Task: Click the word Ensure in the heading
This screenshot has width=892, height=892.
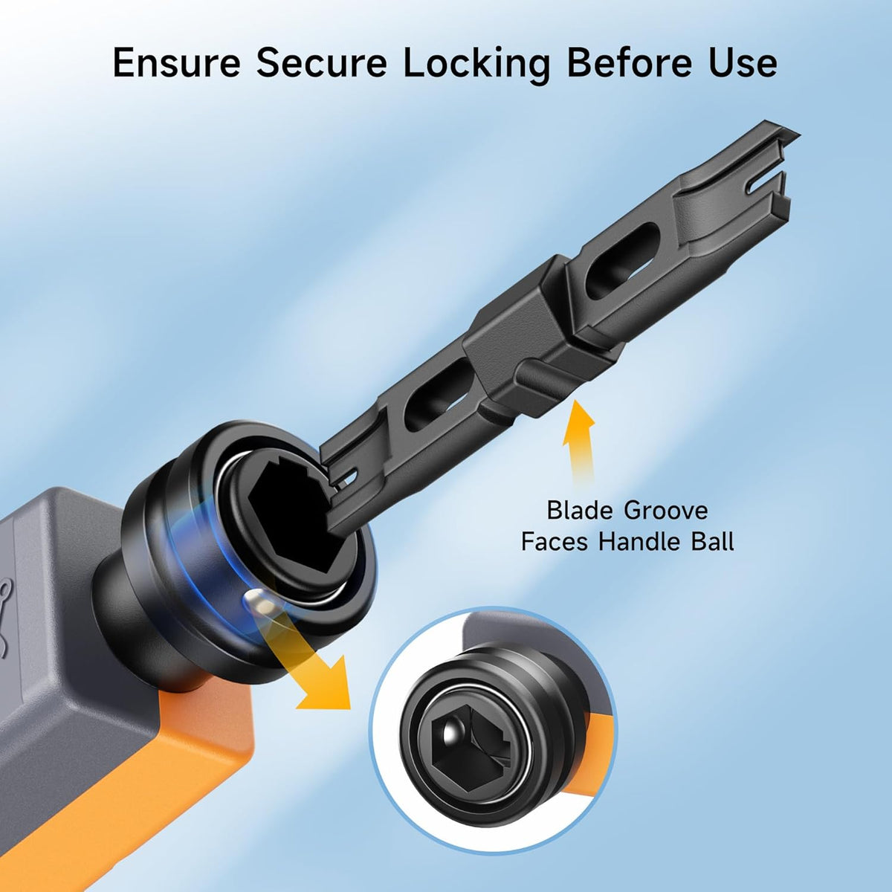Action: coord(176,63)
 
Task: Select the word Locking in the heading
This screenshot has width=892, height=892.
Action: coord(476,65)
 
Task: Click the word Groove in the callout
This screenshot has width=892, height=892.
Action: coord(666,511)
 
